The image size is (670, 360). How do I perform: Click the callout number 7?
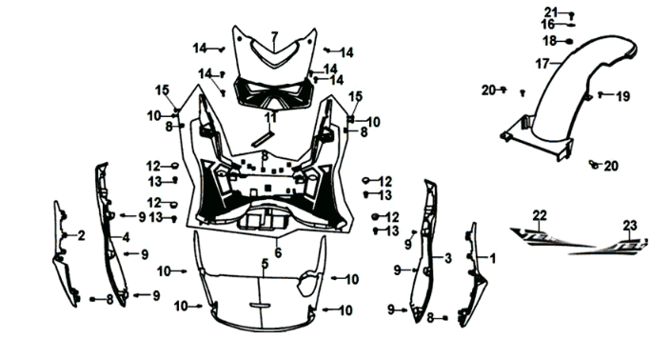tap(273, 37)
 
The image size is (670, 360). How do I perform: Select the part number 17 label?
tap(542, 64)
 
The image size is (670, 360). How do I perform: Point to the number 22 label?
tap(540, 214)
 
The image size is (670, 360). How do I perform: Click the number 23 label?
tap(630, 226)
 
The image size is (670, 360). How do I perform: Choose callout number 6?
tap(278, 252)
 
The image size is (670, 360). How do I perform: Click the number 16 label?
tap(548, 24)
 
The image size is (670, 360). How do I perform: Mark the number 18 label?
tap(549, 41)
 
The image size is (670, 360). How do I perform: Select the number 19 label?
tap(623, 96)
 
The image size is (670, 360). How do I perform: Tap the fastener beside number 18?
tap(568, 42)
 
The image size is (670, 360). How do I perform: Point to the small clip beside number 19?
tap(602, 96)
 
